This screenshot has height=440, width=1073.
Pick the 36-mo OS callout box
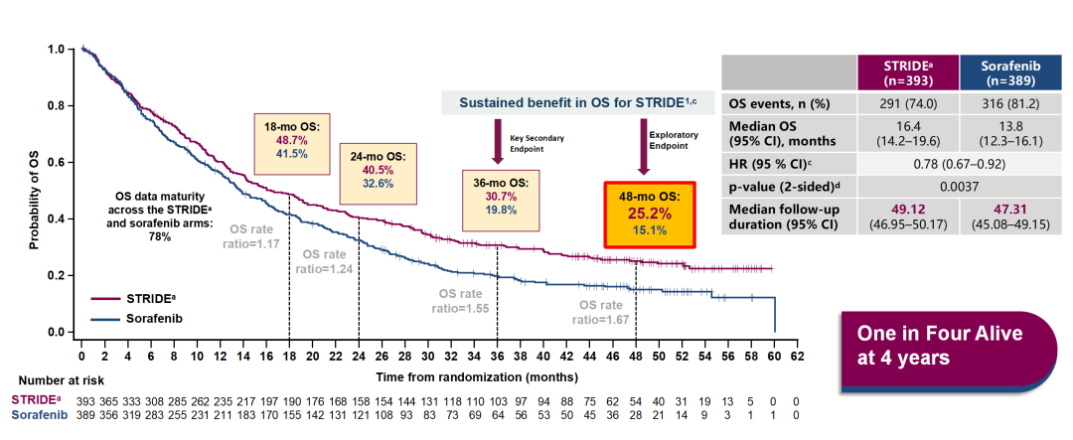pos(502,197)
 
